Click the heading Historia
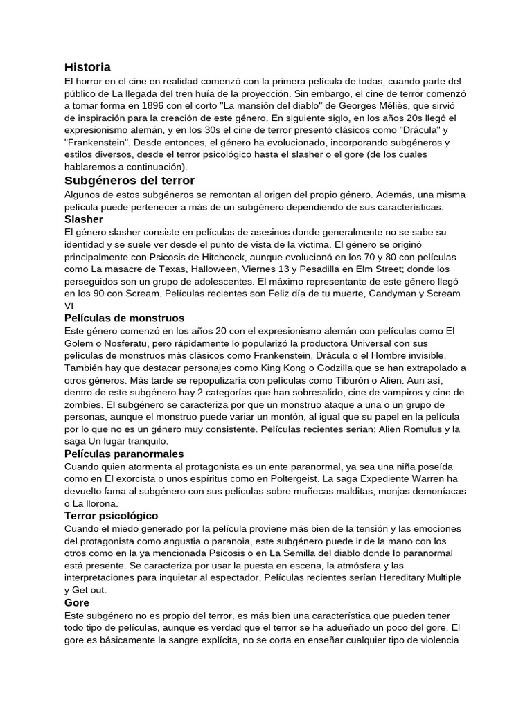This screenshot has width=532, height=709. click(87, 67)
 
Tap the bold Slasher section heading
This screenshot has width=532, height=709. click(83, 219)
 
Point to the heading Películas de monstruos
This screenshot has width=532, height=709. click(124, 318)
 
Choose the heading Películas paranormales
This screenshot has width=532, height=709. click(123, 454)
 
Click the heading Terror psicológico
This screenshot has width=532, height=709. click(111, 516)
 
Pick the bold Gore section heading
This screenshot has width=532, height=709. click(77, 603)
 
